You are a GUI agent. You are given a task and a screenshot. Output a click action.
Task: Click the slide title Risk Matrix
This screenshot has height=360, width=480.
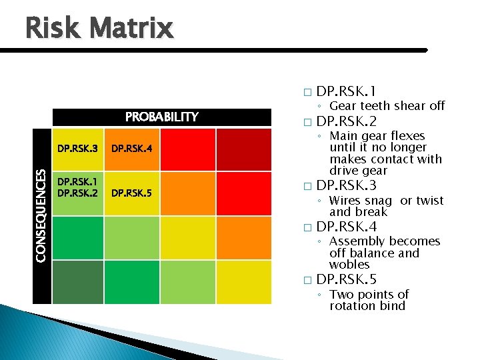coord(99,28)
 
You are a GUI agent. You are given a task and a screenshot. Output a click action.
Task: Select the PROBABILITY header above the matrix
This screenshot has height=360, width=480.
coord(162,117)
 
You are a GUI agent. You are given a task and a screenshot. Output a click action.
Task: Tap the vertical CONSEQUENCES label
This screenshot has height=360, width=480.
coord(41,215)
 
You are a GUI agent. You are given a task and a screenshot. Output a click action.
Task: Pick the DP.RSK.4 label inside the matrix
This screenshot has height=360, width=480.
coord(131,147)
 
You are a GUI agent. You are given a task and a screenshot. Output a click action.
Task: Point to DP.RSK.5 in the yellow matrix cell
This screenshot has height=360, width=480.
coord(131,193)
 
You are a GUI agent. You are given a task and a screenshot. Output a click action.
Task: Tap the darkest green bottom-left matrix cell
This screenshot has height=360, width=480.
coord(78,281)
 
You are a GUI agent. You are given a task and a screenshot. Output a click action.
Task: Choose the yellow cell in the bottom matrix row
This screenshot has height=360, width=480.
coord(243,281)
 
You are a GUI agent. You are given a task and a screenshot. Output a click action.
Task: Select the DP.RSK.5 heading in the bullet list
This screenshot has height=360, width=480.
coord(347,280)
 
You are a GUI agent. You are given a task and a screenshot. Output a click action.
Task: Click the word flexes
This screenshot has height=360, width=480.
coord(407,136)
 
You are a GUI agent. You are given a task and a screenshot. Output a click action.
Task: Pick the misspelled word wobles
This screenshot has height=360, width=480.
coord(349,264)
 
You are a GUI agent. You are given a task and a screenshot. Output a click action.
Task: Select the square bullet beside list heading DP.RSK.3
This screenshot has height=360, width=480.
coord(306,186)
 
